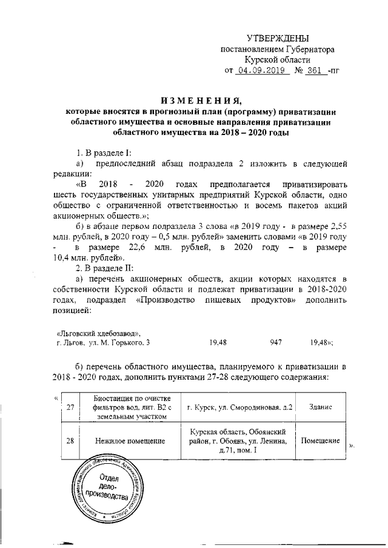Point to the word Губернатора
pyautogui.click(x=306, y=48)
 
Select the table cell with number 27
pyautogui.click(x=70, y=407)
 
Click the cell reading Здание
pyautogui.click(x=320, y=407)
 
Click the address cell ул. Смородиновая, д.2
pyautogui.click(x=240, y=407)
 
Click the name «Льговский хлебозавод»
pyautogui.click(x=99, y=333)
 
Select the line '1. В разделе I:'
pyautogui.click(x=101, y=151)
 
